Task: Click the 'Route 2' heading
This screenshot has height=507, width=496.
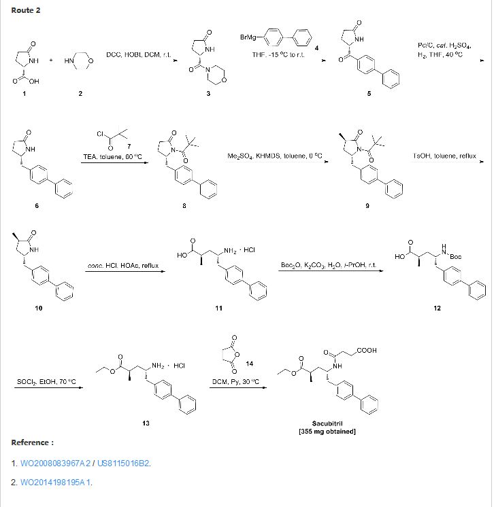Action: pyautogui.click(x=25, y=11)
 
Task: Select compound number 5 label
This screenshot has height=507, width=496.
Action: pyautogui.click(x=369, y=93)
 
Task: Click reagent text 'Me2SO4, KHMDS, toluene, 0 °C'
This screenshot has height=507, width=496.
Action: pyautogui.click(x=274, y=156)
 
